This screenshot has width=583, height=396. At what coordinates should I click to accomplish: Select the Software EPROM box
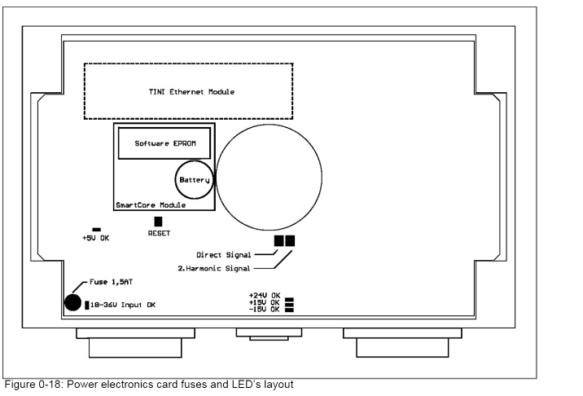pos(164,143)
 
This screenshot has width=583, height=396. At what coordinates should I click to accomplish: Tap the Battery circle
pos(194,179)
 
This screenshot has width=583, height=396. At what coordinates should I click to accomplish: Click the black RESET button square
pos(158,221)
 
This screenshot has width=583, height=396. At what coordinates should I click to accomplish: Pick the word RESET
pos(159,233)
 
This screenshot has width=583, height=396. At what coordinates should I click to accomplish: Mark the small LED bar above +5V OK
pos(96,230)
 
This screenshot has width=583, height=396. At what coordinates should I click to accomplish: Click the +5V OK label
pos(96,239)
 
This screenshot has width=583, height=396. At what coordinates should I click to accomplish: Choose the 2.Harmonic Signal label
pos(214,267)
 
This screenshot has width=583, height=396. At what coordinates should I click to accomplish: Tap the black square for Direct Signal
pos(279,241)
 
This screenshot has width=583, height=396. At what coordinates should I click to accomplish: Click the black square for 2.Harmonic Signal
pos(290,241)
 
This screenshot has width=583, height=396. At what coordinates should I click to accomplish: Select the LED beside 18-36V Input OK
pos(86,306)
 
